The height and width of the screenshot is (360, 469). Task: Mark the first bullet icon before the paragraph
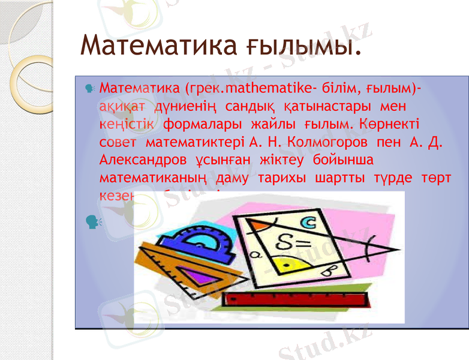[x=89, y=89]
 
